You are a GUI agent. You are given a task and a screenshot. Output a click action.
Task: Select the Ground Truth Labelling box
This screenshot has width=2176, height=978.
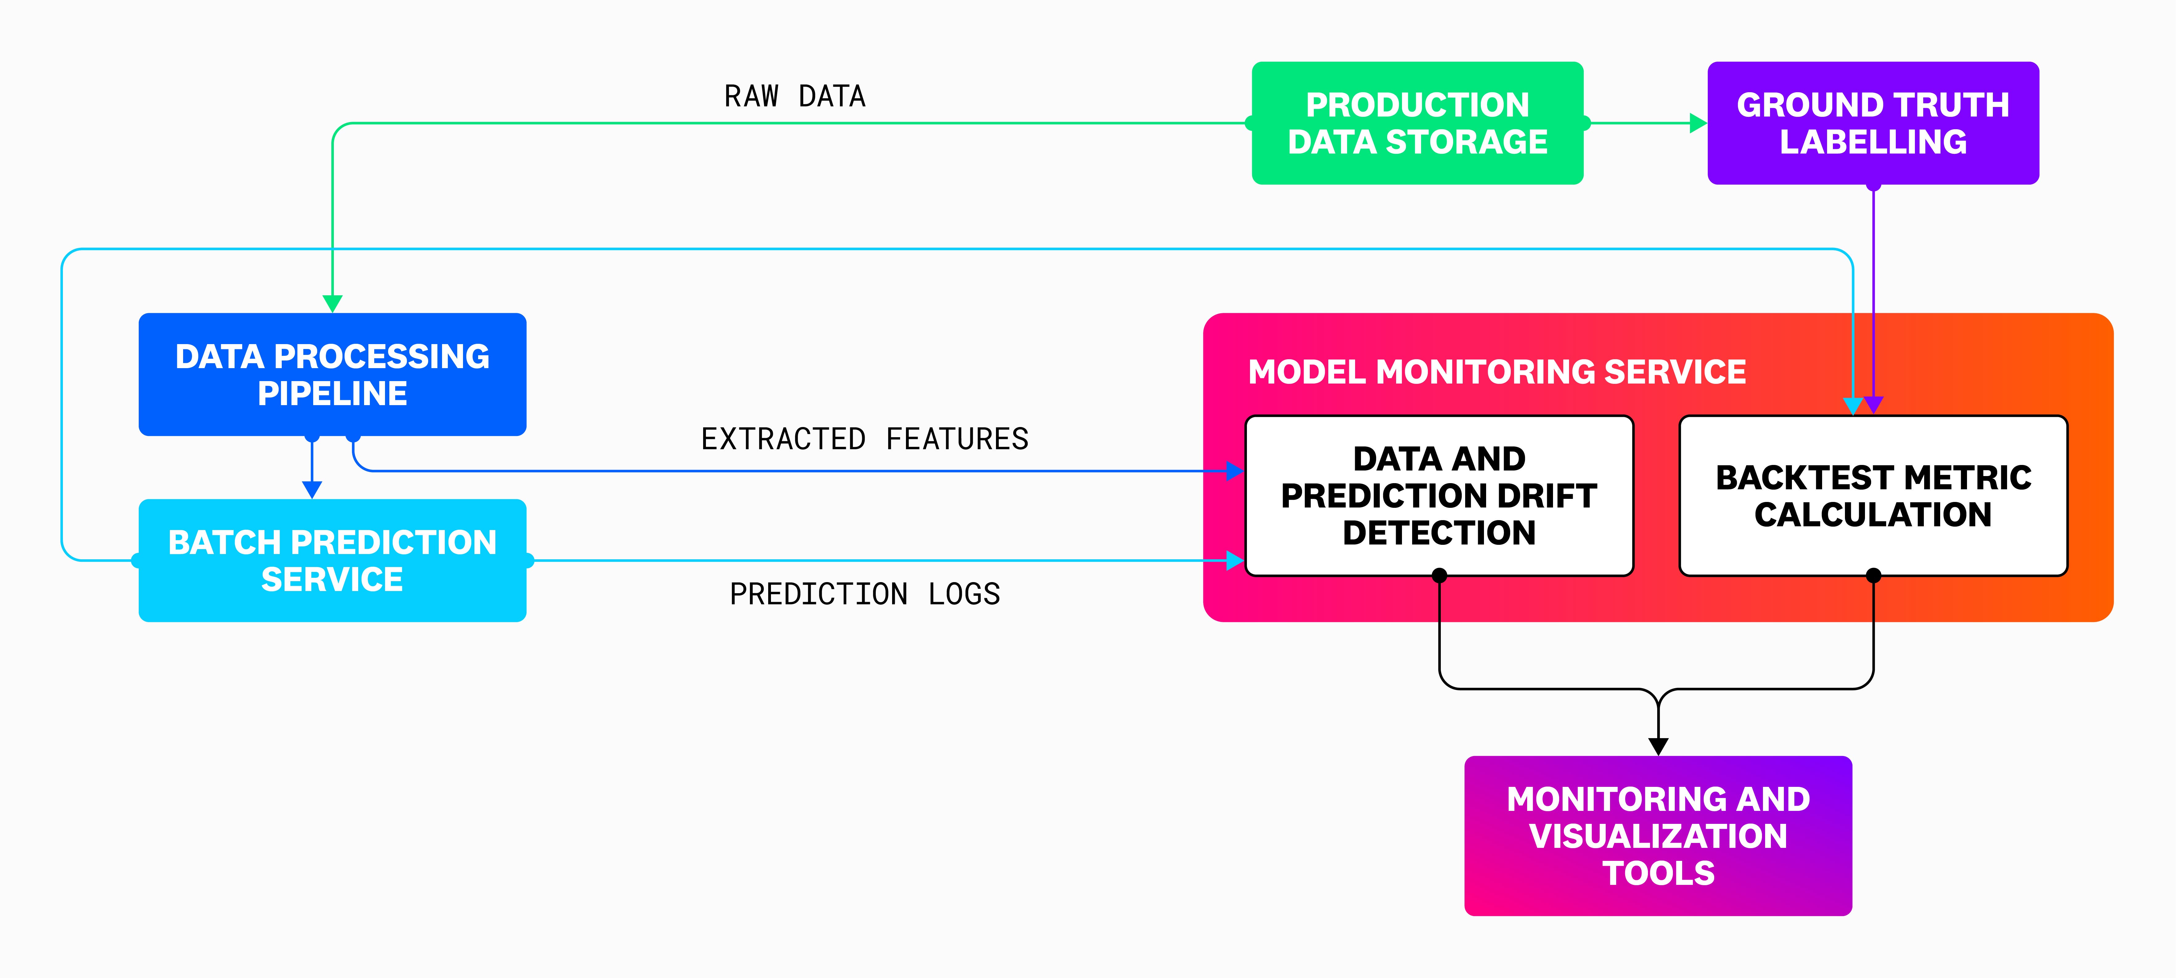tap(1873, 123)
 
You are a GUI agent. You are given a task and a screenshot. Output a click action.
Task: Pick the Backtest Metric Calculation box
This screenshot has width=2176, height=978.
tap(1873, 496)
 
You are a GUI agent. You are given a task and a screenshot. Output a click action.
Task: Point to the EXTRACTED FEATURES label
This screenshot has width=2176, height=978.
tap(864, 439)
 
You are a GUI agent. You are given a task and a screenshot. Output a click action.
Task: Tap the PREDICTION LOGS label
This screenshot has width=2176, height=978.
tap(864, 594)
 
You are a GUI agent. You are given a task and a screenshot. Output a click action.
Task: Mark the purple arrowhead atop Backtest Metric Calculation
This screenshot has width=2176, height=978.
tap(1875, 405)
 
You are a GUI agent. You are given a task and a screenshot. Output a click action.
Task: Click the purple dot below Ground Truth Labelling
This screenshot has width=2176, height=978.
tap(1873, 185)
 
